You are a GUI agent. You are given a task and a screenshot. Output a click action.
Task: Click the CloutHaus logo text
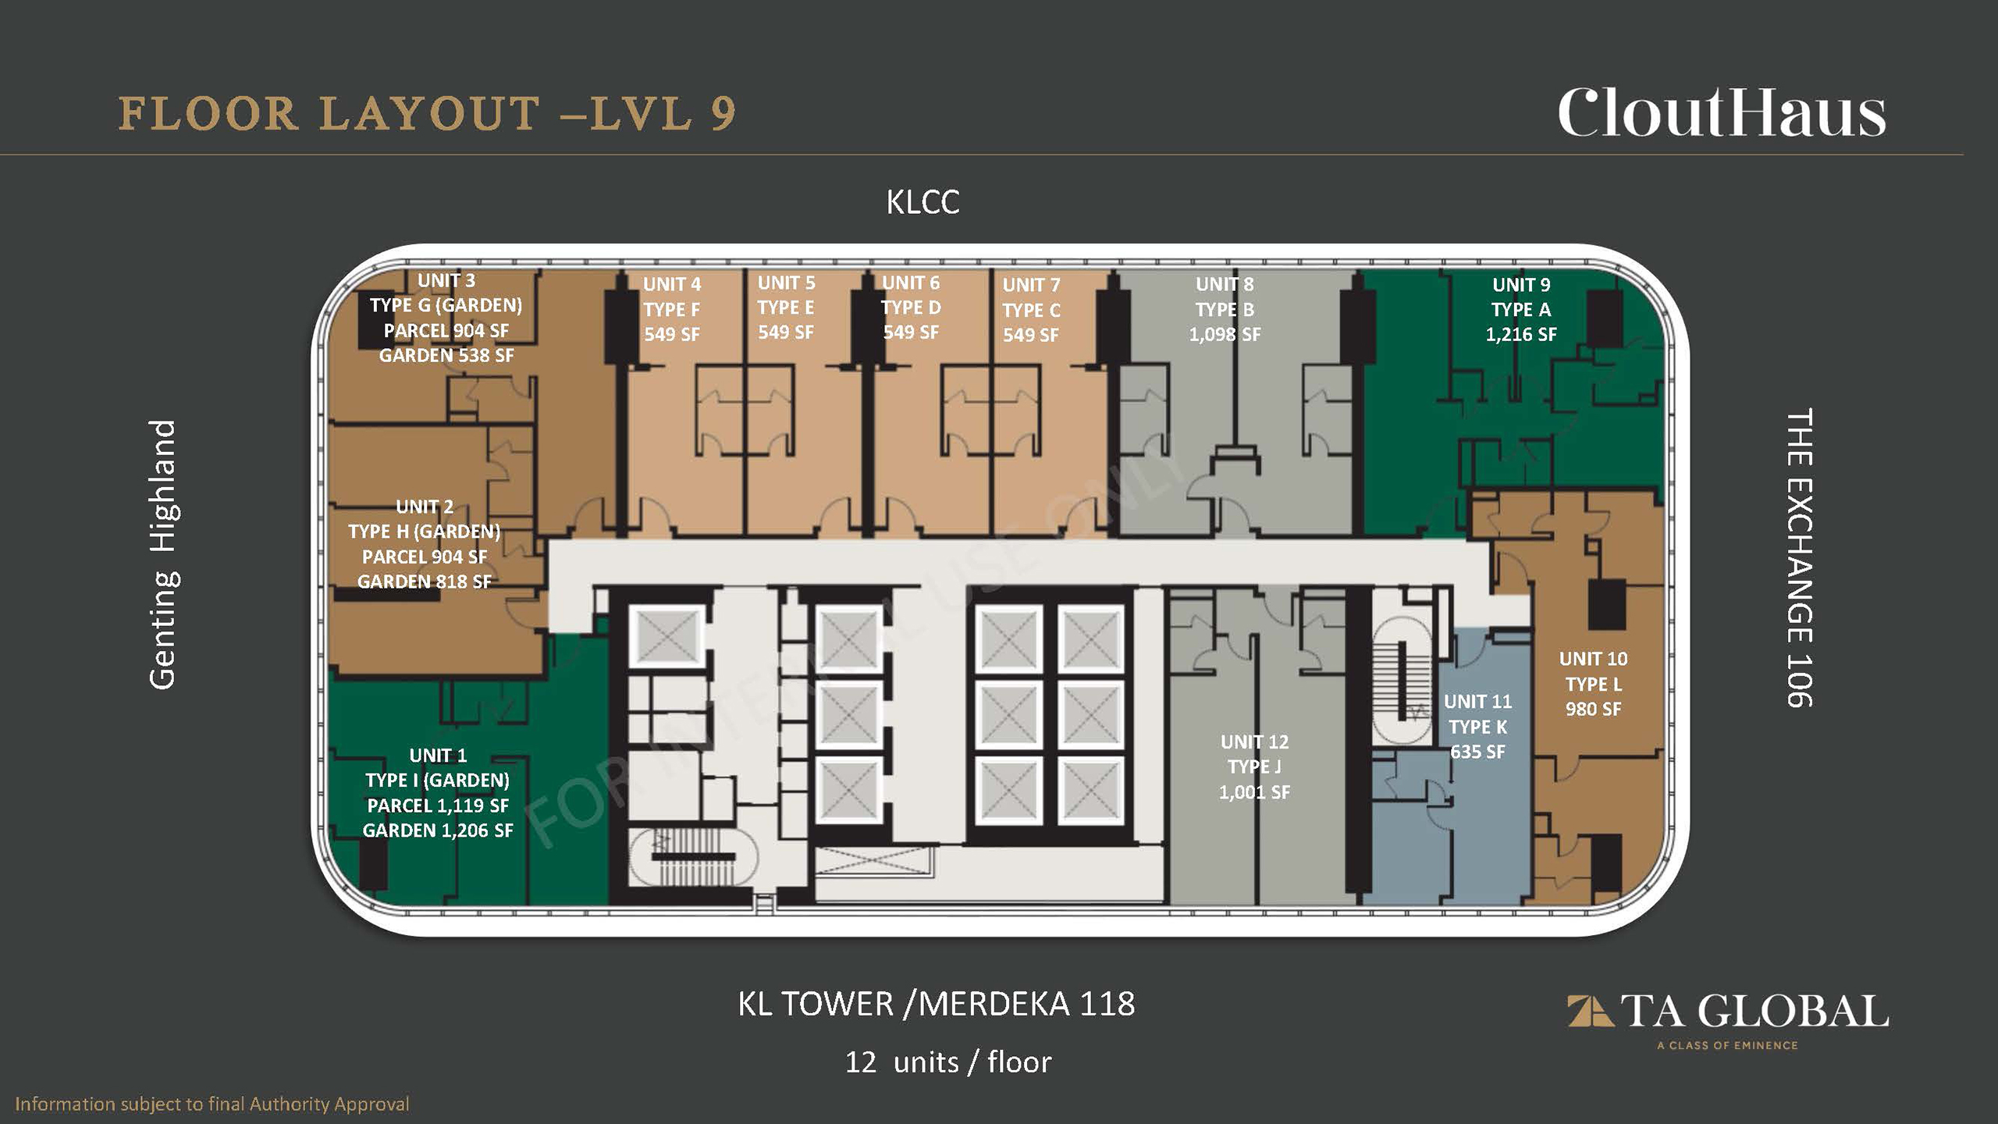pyautogui.click(x=1722, y=113)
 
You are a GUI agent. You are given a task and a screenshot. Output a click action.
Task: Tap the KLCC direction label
pyautogui.click(x=923, y=203)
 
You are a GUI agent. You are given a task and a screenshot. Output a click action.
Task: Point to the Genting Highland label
pyautogui.click(x=163, y=555)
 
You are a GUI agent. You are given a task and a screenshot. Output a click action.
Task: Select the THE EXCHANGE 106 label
pyautogui.click(x=1799, y=557)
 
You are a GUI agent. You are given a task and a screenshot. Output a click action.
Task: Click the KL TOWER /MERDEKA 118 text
pyautogui.click(x=937, y=1004)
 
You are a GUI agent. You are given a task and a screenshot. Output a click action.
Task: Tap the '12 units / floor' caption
pyautogui.click(x=948, y=1062)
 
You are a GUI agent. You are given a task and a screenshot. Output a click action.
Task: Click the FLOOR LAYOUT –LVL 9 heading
pyautogui.click(x=427, y=114)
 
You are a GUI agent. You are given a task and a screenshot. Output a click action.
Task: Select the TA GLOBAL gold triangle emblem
pyautogui.click(x=1590, y=1011)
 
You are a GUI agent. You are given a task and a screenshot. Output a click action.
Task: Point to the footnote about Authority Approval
pyautogui.click(x=212, y=1104)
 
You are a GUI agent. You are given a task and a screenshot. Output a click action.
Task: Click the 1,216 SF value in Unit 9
pyautogui.click(x=1520, y=335)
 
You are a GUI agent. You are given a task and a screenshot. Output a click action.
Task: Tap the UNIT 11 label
pyautogui.click(x=1477, y=702)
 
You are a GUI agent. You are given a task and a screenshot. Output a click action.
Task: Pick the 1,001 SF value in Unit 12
pyautogui.click(x=1254, y=792)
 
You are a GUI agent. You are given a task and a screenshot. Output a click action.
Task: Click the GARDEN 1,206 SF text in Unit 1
pyautogui.click(x=438, y=831)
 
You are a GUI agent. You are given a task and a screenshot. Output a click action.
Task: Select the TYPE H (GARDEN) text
pyautogui.click(x=425, y=532)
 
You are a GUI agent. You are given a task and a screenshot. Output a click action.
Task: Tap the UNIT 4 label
pyautogui.click(x=672, y=285)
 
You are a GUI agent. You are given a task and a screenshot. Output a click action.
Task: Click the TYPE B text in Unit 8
pyautogui.click(x=1225, y=310)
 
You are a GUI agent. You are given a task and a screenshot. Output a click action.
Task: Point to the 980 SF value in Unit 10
pyautogui.click(x=1593, y=710)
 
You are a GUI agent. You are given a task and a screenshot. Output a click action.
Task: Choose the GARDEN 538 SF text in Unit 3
pyautogui.click(x=446, y=356)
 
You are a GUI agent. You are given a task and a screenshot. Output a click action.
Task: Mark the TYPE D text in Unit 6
pyautogui.click(x=911, y=308)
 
